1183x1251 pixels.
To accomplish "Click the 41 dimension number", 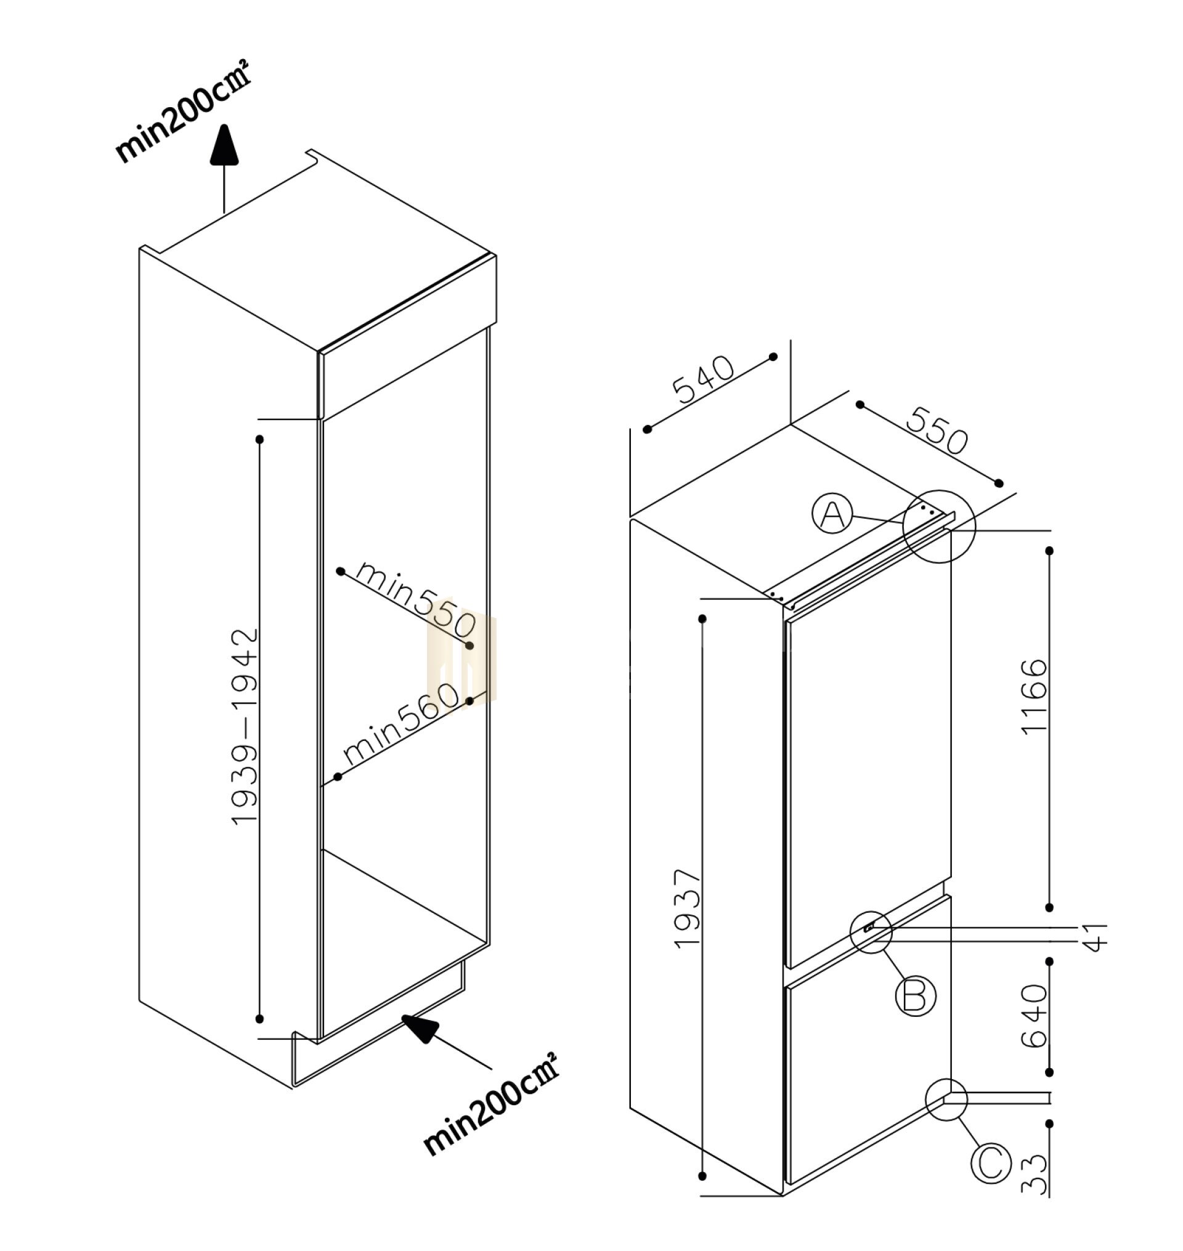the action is click(1098, 936).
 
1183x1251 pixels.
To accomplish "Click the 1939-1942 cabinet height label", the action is click(245, 726).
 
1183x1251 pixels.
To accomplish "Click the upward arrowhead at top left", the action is click(224, 145).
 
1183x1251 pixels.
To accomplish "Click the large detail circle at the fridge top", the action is click(939, 527).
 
